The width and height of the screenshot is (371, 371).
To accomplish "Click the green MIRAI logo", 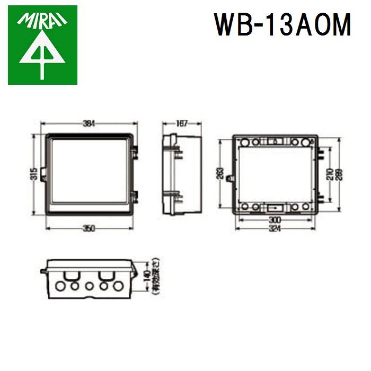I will coord(42,45).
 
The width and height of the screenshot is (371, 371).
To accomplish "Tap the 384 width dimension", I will coord(89,123).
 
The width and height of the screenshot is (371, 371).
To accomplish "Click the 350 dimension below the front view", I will coord(89,228).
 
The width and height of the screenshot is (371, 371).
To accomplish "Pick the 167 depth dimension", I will coord(181,123).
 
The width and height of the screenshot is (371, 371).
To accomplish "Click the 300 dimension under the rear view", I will coord(275,219).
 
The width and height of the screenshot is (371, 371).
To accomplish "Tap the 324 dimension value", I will coord(275,228).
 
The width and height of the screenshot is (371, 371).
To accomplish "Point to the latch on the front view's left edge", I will coord(43,175).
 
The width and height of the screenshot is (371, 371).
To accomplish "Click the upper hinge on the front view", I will coord(135,153).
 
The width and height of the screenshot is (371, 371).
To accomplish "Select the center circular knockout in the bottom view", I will coord(89,287).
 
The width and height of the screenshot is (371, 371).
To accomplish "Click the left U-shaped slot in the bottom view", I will coord(69,276).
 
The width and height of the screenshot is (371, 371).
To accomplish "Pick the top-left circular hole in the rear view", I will coord(244,142).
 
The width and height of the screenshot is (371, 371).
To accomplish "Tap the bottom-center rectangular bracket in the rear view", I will coord(275,206).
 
